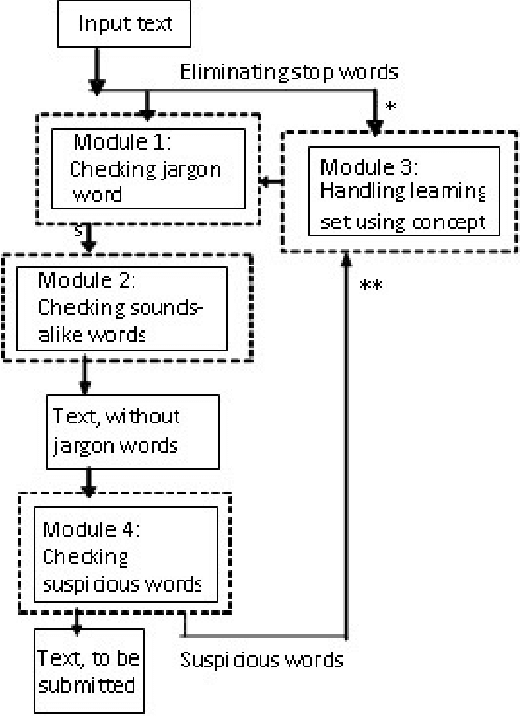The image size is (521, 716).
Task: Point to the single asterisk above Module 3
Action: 390,107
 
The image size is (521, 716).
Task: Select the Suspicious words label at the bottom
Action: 260,660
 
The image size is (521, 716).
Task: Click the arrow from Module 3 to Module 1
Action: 272,180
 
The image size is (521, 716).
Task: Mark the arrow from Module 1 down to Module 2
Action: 89,238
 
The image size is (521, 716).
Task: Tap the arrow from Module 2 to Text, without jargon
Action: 86,379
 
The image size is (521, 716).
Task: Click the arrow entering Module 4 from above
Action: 90,482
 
